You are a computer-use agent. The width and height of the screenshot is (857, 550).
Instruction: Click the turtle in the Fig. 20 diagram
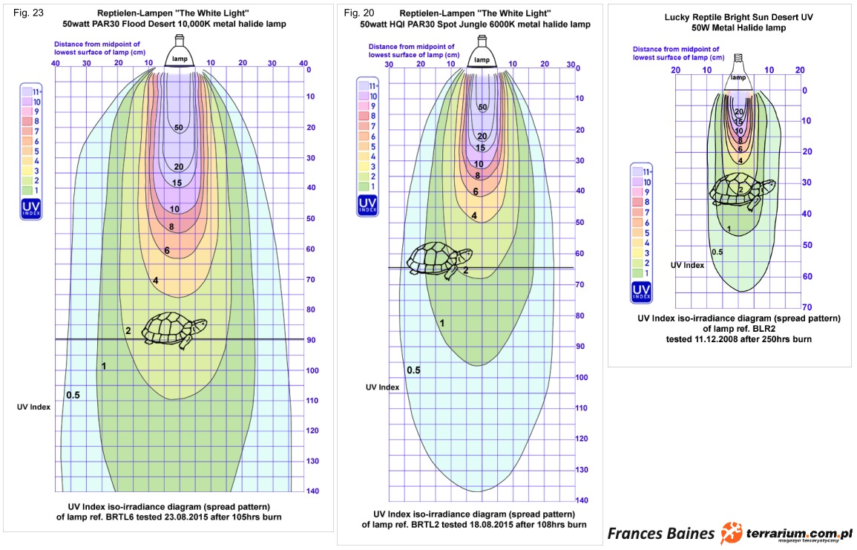[440, 260]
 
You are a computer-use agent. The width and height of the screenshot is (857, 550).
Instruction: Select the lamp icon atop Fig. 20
[482, 54]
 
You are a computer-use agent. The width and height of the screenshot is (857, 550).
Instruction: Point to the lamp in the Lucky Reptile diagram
[738, 71]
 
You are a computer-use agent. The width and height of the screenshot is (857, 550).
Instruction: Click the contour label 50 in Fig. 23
[179, 128]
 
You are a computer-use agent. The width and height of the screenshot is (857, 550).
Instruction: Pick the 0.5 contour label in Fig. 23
[73, 395]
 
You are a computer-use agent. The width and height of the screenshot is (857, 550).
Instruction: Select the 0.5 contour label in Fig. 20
[413, 370]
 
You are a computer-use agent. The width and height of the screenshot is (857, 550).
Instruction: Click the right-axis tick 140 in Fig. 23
[312, 491]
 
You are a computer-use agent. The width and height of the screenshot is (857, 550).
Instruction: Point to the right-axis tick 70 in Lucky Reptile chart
[807, 307]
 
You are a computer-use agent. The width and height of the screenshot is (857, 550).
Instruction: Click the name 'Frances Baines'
[661, 533]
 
